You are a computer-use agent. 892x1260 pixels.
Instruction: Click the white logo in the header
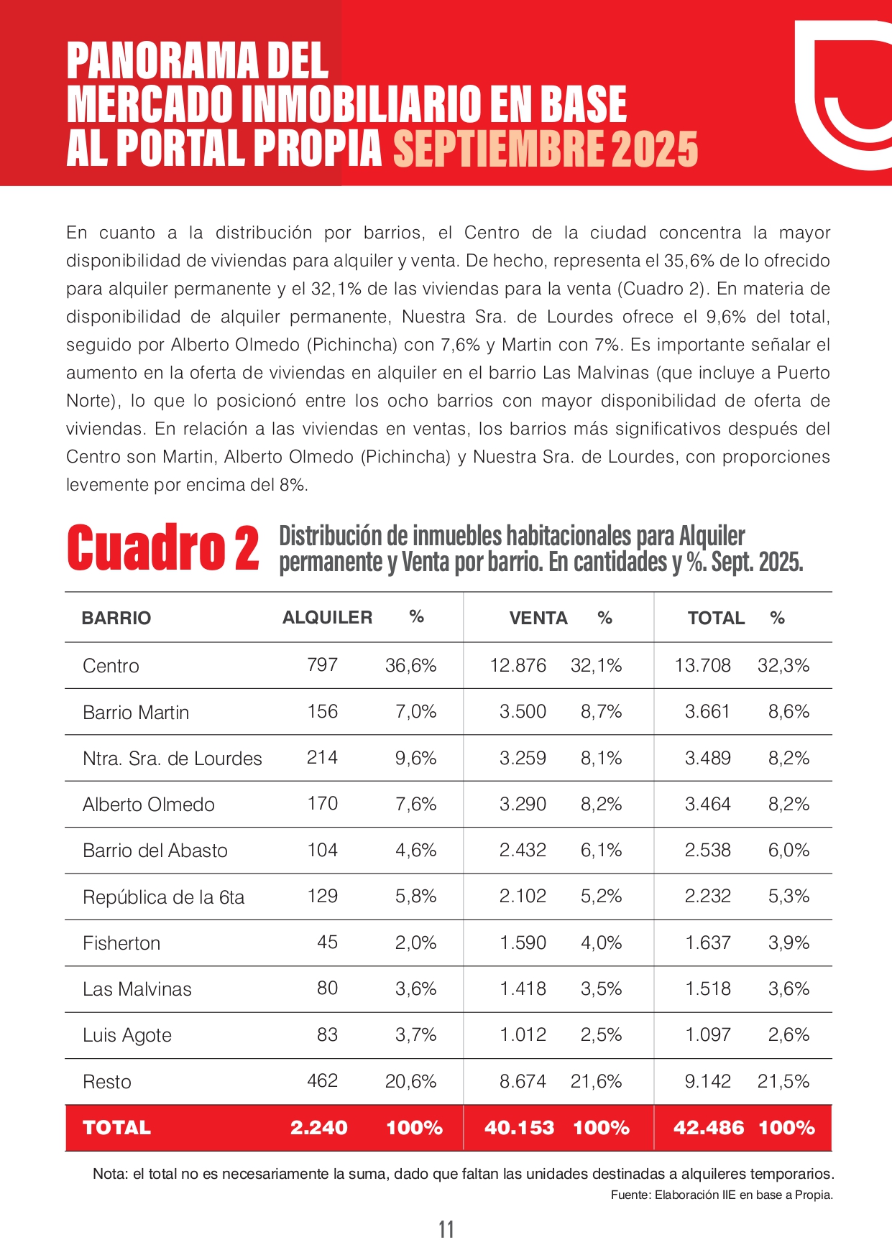[x=841, y=93]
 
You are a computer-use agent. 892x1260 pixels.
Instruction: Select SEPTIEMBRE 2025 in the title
[x=546, y=149]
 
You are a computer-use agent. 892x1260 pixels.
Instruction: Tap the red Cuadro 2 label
[x=162, y=548]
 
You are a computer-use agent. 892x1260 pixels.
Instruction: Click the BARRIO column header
[x=116, y=619]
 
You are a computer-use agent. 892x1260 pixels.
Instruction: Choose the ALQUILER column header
[x=327, y=618]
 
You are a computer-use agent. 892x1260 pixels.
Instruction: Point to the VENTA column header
[x=538, y=619]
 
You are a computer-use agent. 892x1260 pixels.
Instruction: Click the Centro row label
[x=111, y=666]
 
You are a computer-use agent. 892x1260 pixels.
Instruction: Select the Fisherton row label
[x=121, y=943]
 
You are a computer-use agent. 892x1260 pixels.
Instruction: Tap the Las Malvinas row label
[x=137, y=989]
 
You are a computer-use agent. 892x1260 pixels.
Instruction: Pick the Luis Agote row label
[x=127, y=1035]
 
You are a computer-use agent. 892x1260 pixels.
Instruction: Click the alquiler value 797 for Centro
[x=322, y=665]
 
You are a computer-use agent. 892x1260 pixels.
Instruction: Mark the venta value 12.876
[x=518, y=666]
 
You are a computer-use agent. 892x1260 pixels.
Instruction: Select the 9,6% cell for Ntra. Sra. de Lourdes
[x=415, y=758]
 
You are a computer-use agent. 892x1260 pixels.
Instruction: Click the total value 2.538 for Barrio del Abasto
[x=707, y=851]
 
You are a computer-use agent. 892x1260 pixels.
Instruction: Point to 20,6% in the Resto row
[x=410, y=1081]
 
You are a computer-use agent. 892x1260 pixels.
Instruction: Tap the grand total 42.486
[x=709, y=1128]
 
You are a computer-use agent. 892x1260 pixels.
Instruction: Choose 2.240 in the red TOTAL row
[x=318, y=1128]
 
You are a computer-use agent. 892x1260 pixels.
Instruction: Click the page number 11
[x=446, y=1230]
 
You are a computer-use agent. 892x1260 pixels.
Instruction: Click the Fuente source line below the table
[x=722, y=1195]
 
